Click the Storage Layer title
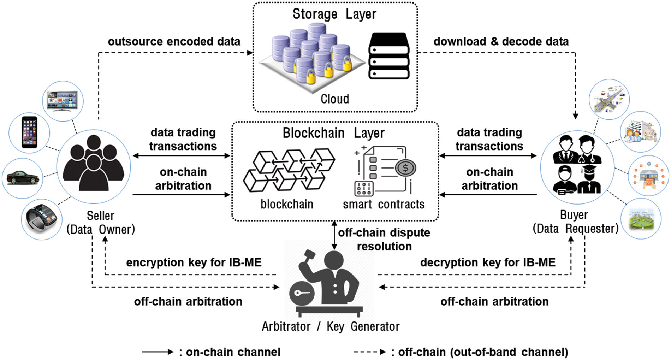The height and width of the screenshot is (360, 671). [334, 14]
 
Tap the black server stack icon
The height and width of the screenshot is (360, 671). [389, 57]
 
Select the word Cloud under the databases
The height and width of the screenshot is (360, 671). [334, 99]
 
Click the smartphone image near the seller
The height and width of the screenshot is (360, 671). [29, 132]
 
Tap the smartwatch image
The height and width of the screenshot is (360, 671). [42, 219]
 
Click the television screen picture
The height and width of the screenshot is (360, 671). [63, 101]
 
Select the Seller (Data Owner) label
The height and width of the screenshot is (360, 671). [101, 223]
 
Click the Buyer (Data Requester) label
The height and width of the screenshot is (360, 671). [575, 222]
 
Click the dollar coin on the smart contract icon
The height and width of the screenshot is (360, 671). [405, 168]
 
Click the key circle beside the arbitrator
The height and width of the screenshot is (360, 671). [302, 293]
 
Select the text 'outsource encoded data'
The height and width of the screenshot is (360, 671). [174, 41]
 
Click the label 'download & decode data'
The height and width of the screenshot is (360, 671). [501, 41]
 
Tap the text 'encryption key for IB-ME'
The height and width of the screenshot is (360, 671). [194, 262]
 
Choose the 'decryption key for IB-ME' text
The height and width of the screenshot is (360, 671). [487, 262]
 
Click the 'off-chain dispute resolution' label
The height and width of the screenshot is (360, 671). [384, 239]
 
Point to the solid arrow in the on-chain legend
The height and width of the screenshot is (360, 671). [157, 352]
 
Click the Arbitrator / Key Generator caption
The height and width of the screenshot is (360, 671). [330, 326]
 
